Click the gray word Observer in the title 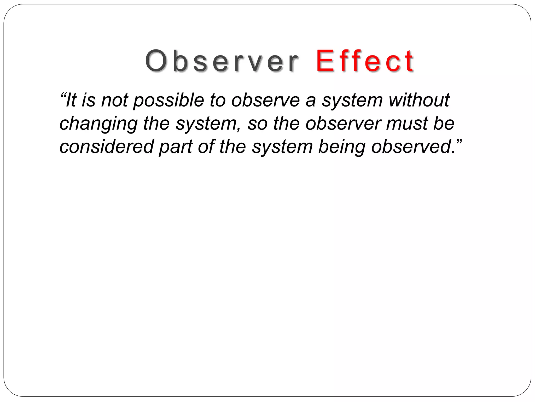(222, 61)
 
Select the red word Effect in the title (365, 61)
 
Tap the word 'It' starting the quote (71, 100)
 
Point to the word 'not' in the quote (115, 100)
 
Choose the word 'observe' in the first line (265, 100)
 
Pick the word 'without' (419, 100)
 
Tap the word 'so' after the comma (257, 124)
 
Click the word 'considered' (106, 147)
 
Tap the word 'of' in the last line (206, 147)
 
